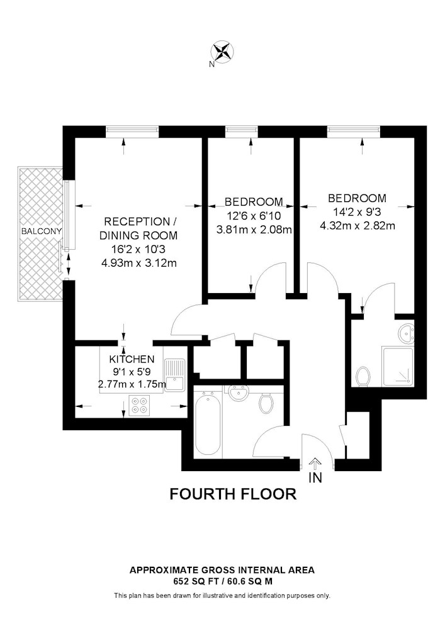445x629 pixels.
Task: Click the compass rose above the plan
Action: pos(222,52)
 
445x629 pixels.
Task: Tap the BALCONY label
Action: pos(42,231)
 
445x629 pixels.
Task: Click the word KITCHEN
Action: pos(132,359)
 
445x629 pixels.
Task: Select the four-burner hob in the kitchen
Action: pos(140,404)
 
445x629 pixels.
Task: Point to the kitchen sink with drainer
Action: pos(174,374)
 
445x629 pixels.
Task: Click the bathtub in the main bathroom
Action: pos(208,423)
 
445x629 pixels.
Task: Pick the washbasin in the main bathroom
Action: pos(239,392)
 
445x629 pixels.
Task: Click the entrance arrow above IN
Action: pos(315,464)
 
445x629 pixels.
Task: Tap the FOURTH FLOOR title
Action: pos(233,493)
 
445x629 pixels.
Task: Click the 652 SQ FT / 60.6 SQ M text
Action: pos(222,581)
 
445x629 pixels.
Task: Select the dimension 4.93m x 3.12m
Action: pos(138,263)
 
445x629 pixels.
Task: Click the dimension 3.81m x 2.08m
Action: pos(254,230)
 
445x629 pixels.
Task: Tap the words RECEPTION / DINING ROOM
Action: pos(138,228)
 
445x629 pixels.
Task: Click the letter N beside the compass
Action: pos(211,64)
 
